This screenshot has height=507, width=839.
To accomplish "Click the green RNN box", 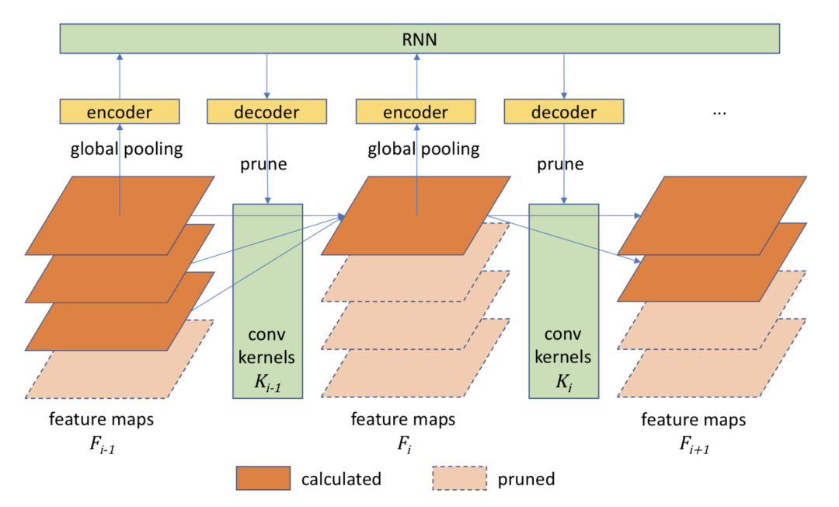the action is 419,39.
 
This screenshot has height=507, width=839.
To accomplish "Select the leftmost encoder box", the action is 120,111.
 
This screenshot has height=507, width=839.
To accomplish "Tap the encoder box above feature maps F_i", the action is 416,111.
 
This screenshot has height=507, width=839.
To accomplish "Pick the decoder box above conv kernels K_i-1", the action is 266,111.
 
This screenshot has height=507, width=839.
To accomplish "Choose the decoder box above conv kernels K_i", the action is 564,111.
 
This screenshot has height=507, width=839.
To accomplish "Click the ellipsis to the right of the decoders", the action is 719,113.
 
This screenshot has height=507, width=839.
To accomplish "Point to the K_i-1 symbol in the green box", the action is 267,383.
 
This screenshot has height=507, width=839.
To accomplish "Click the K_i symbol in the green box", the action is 564,383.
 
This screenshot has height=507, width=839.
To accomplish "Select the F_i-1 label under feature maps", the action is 103,445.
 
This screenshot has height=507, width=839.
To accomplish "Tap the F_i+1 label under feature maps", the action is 694,445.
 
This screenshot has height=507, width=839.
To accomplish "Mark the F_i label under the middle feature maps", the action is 404,444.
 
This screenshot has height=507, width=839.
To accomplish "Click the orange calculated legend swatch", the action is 263,478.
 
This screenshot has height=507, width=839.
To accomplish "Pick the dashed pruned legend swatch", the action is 460,478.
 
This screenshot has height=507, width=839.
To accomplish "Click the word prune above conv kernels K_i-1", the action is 263,164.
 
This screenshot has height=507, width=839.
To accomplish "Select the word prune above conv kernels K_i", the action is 560,164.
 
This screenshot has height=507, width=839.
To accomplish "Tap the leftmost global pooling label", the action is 127,149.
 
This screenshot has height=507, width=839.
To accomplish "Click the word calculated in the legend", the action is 341,479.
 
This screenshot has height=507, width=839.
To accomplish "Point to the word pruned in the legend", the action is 526,479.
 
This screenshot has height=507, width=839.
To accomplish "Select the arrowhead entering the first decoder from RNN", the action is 267,96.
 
